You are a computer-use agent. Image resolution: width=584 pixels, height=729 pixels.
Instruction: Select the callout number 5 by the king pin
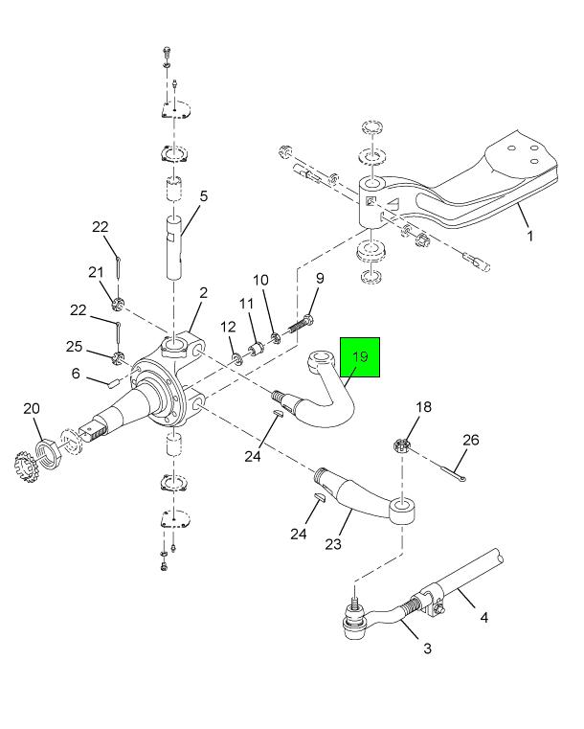[203, 197]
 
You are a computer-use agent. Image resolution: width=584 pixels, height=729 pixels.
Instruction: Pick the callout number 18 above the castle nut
[423, 407]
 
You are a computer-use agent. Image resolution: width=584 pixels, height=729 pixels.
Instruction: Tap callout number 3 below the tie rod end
[427, 649]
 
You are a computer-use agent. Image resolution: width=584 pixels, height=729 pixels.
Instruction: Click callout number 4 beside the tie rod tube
[483, 618]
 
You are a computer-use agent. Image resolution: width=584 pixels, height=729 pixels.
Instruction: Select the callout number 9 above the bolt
[320, 279]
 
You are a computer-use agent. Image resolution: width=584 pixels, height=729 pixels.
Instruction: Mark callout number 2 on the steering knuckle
[203, 292]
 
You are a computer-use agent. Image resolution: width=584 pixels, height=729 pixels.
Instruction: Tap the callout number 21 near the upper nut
[96, 273]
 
